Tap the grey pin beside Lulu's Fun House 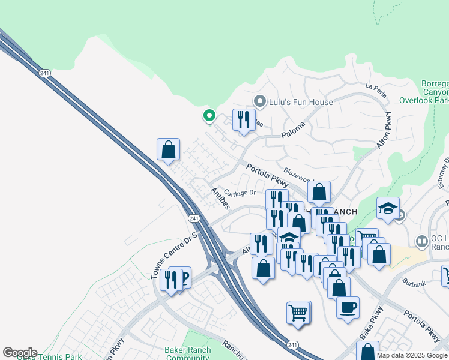(x=260, y=101)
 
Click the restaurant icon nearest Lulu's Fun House (x=244, y=119)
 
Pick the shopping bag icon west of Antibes (x=169, y=149)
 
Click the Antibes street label (x=219, y=199)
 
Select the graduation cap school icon (x=388, y=209)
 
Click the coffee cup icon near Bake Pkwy (x=348, y=308)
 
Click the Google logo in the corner (x=19, y=353)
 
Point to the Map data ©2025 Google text (x=412, y=355)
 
